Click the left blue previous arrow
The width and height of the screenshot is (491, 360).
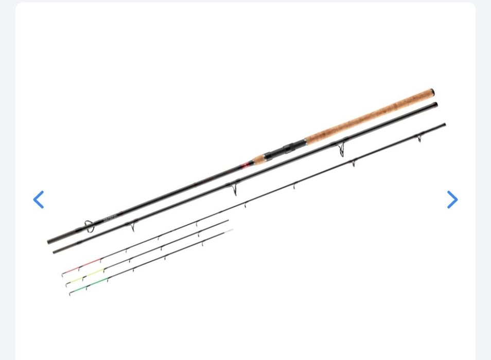click(x=39, y=200)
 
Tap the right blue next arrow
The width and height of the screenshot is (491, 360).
click(x=452, y=200)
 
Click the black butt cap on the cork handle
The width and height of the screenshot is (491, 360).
click(x=432, y=93)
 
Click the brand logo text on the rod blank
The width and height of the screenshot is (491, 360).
click(x=111, y=218)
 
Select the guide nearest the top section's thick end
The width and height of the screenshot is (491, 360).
click(x=419, y=138)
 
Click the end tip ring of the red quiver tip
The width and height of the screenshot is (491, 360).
click(x=63, y=275)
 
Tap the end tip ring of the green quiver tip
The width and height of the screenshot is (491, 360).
click(x=71, y=294)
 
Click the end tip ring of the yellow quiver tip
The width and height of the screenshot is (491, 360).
click(x=67, y=285)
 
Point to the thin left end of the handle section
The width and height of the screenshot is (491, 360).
click(x=50, y=241)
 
